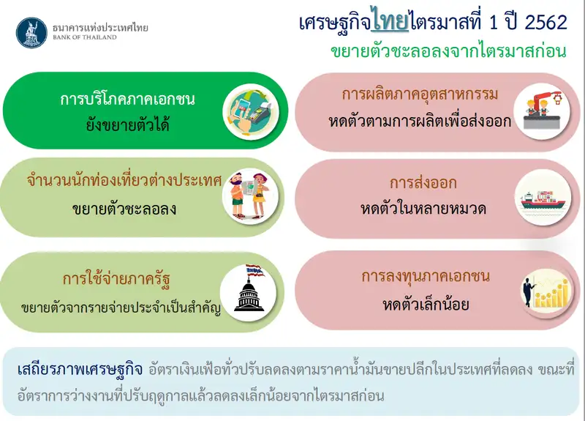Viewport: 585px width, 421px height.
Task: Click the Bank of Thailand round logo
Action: pos(31,33)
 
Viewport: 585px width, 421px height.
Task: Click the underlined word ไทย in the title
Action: pos(390,23)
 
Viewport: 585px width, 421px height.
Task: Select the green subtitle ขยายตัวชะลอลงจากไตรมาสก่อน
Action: pos(448,51)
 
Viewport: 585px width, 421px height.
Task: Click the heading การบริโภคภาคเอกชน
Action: pos(127,99)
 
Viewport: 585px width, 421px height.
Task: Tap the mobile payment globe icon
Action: pos(251,111)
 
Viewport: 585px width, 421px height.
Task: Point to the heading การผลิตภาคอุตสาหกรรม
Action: pos(420,94)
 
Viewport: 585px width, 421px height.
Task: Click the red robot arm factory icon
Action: pos(542,111)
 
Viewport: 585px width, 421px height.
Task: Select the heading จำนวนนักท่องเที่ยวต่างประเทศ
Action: pos(124,180)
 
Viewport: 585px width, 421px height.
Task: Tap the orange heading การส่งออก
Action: pos(423,183)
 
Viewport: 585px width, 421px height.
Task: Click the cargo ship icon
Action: pos(543,201)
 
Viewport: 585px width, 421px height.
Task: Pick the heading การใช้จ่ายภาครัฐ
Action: pos(116,279)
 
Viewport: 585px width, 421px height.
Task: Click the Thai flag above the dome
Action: pos(254,270)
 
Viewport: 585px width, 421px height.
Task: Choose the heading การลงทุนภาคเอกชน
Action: pos(426,277)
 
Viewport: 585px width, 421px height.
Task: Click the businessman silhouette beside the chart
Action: pos(528,291)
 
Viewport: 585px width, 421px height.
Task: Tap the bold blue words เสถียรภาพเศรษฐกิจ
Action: pos(80,370)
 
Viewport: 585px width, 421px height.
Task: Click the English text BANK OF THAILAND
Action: pos(85,37)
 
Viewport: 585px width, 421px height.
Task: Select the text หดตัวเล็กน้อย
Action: pos(426,305)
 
